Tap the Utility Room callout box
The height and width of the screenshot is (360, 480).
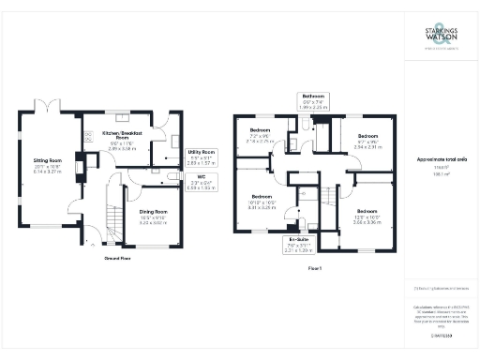(x=201, y=157)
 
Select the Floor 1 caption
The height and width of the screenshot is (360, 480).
(x=315, y=269)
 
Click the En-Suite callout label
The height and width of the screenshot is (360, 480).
(x=298, y=245)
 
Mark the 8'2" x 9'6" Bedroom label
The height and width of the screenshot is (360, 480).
(x=367, y=141)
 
